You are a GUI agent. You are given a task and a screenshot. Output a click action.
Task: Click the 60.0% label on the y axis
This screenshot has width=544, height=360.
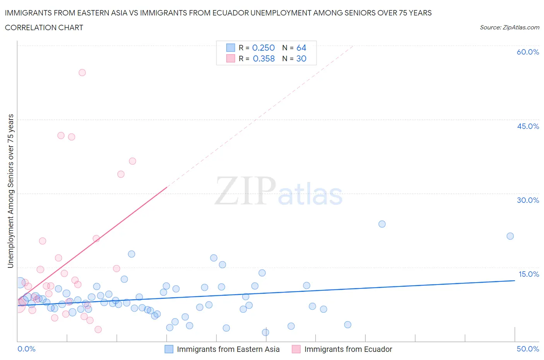tap(528, 52)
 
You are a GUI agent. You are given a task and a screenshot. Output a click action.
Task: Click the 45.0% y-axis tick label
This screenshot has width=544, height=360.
tap(528, 126)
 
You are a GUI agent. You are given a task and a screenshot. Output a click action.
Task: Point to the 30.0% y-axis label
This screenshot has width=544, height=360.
tap(528, 200)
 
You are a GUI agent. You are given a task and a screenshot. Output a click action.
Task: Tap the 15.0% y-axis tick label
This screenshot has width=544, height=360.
tap(529, 274)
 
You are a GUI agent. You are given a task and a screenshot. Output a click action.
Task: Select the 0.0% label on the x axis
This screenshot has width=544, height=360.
tap(26, 349)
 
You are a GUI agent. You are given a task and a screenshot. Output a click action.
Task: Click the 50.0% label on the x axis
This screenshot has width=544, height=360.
tap(528, 349)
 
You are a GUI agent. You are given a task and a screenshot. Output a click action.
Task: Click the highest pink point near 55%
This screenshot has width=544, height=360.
tap(82, 72)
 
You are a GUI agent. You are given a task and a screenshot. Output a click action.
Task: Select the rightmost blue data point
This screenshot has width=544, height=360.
tap(510, 236)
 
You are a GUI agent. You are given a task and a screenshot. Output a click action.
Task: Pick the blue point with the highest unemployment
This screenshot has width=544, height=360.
tap(382, 224)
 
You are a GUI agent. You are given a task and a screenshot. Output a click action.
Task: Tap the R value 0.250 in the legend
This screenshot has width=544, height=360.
tap(263, 48)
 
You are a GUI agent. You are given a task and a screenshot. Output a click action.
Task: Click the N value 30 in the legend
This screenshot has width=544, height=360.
tap(301, 58)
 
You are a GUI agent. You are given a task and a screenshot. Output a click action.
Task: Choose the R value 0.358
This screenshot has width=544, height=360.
tap(263, 58)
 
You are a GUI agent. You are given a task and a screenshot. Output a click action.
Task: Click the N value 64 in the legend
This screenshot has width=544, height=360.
tap(301, 48)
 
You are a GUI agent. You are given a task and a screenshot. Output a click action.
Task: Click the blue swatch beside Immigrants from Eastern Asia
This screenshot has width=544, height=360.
tap(169, 349)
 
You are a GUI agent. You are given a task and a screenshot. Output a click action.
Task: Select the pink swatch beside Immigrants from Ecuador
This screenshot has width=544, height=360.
tap(296, 349)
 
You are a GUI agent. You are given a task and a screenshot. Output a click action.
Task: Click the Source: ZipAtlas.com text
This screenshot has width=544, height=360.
tap(509, 27)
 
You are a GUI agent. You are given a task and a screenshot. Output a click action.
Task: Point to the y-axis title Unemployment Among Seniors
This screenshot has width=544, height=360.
tap(11, 191)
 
